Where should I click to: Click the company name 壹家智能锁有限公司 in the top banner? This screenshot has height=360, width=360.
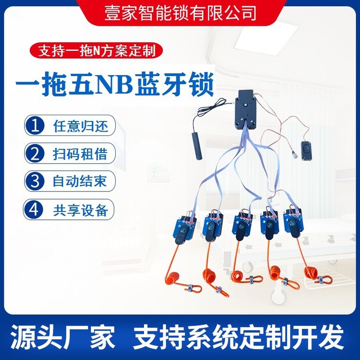point(180,12)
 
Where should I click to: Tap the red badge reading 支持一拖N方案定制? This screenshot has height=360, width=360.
point(96,50)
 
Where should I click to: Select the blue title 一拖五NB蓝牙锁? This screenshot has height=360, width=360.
point(115,84)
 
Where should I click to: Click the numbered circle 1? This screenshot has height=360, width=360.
point(35,125)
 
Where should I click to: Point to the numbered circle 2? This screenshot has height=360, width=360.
point(35,154)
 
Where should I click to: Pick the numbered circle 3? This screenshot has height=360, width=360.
point(35,181)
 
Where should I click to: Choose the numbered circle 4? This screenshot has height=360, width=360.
point(34,209)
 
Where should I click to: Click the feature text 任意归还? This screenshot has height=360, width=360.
point(81,126)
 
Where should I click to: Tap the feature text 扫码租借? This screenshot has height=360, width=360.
point(80,154)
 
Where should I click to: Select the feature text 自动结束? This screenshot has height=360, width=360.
point(80,181)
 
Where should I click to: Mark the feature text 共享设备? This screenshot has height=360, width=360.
point(81,210)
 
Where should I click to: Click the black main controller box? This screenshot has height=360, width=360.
point(245,110)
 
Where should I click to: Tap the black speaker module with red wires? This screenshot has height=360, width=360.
point(307,151)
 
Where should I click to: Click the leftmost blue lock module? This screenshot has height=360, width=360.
point(184,229)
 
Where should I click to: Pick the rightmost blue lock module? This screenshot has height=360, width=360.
point(293,223)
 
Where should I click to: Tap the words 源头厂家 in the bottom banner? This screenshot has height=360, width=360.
point(62,337)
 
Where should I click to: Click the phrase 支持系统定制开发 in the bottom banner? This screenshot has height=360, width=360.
point(239,337)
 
